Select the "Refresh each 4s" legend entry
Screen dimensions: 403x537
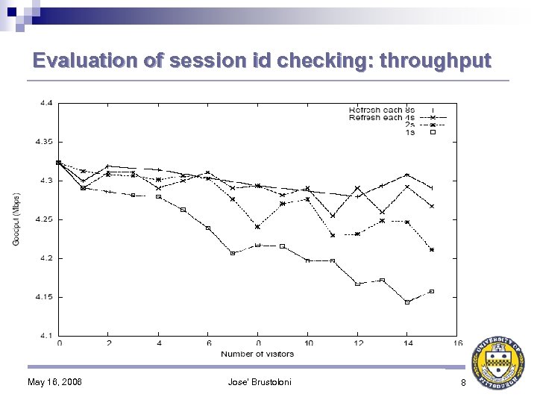pyautogui.click(x=381, y=117)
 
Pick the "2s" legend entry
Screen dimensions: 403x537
pyautogui.click(x=410, y=125)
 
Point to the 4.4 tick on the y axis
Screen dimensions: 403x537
pyautogui.click(x=45, y=103)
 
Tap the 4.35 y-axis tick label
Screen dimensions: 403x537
pyautogui.click(x=43, y=142)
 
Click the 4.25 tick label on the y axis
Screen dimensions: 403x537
pyautogui.click(x=43, y=219)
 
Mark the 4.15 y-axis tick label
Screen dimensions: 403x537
pyautogui.click(x=43, y=297)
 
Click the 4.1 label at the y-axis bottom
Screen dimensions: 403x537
pyautogui.click(x=45, y=336)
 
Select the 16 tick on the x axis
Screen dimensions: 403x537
pyautogui.click(x=456, y=343)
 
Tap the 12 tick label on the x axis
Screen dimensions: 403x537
pyautogui.click(x=357, y=343)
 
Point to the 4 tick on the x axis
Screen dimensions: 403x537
pyautogui.click(x=158, y=343)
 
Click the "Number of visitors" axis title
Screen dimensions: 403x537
pyautogui.click(x=257, y=353)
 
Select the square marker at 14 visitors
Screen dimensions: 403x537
pyautogui.click(x=406, y=302)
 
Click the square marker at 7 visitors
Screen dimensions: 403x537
pyautogui.click(x=233, y=253)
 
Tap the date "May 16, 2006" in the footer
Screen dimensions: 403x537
pyautogui.click(x=54, y=383)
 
